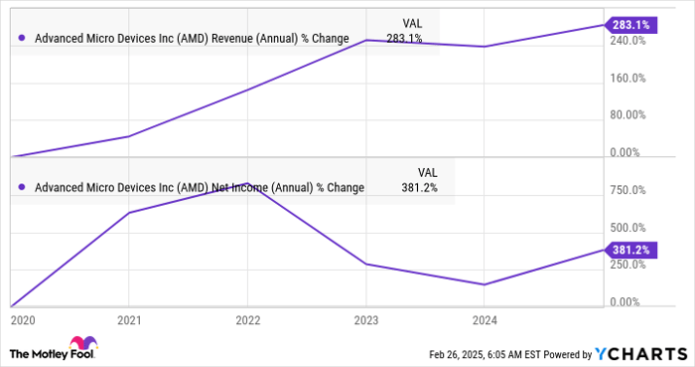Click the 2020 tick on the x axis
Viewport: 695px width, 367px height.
[21, 320]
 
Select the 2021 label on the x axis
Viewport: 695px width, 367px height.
[129, 320]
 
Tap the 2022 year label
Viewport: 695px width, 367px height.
[247, 320]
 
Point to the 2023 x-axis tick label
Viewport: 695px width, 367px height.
[366, 320]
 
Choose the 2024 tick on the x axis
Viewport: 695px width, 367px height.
[485, 320]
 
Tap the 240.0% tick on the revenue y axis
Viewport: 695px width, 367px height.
[628, 41]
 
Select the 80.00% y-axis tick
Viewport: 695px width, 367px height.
[628, 114]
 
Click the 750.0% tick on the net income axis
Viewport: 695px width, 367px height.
[628, 190]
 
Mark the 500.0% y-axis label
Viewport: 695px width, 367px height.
[628, 227]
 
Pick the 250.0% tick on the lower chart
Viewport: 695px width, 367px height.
[628, 265]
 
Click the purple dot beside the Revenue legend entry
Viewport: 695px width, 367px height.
[22, 39]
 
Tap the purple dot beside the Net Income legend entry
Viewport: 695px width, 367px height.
[22, 187]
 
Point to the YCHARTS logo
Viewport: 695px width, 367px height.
[639, 353]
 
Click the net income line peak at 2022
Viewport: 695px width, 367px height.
[247, 184]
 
